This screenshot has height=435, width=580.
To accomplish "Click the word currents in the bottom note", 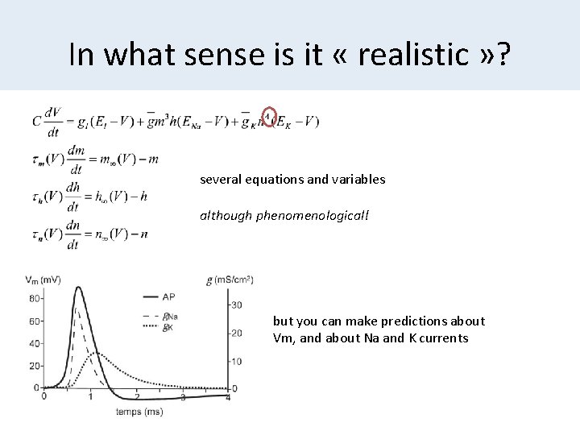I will pyautogui.click(x=439, y=338).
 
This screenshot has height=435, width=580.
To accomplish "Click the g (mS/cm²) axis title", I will pyautogui.click(x=231, y=279).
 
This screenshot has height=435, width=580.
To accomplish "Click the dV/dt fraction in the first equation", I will pyautogui.click(x=55, y=122).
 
